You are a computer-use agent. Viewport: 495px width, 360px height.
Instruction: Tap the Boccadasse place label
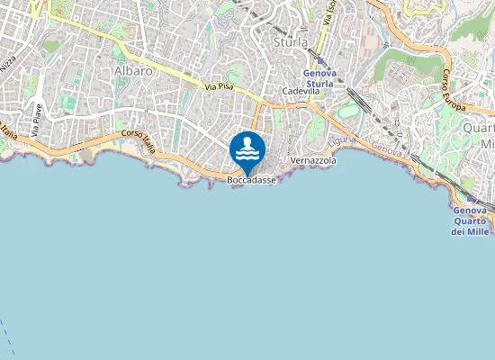click(x=251, y=179)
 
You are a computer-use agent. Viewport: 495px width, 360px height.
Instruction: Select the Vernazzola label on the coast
click(x=314, y=160)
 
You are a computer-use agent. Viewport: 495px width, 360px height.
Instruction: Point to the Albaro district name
click(x=133, y=69)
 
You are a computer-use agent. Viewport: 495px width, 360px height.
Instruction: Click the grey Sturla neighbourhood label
click(x=290, y=41)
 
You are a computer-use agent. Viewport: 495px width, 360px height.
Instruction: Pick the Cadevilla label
click(x=301, y=91)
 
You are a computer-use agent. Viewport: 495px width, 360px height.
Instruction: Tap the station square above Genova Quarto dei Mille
click(x=470, y=200)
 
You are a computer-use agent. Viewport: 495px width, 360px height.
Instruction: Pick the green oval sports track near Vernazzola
click(x=346, y=112)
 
